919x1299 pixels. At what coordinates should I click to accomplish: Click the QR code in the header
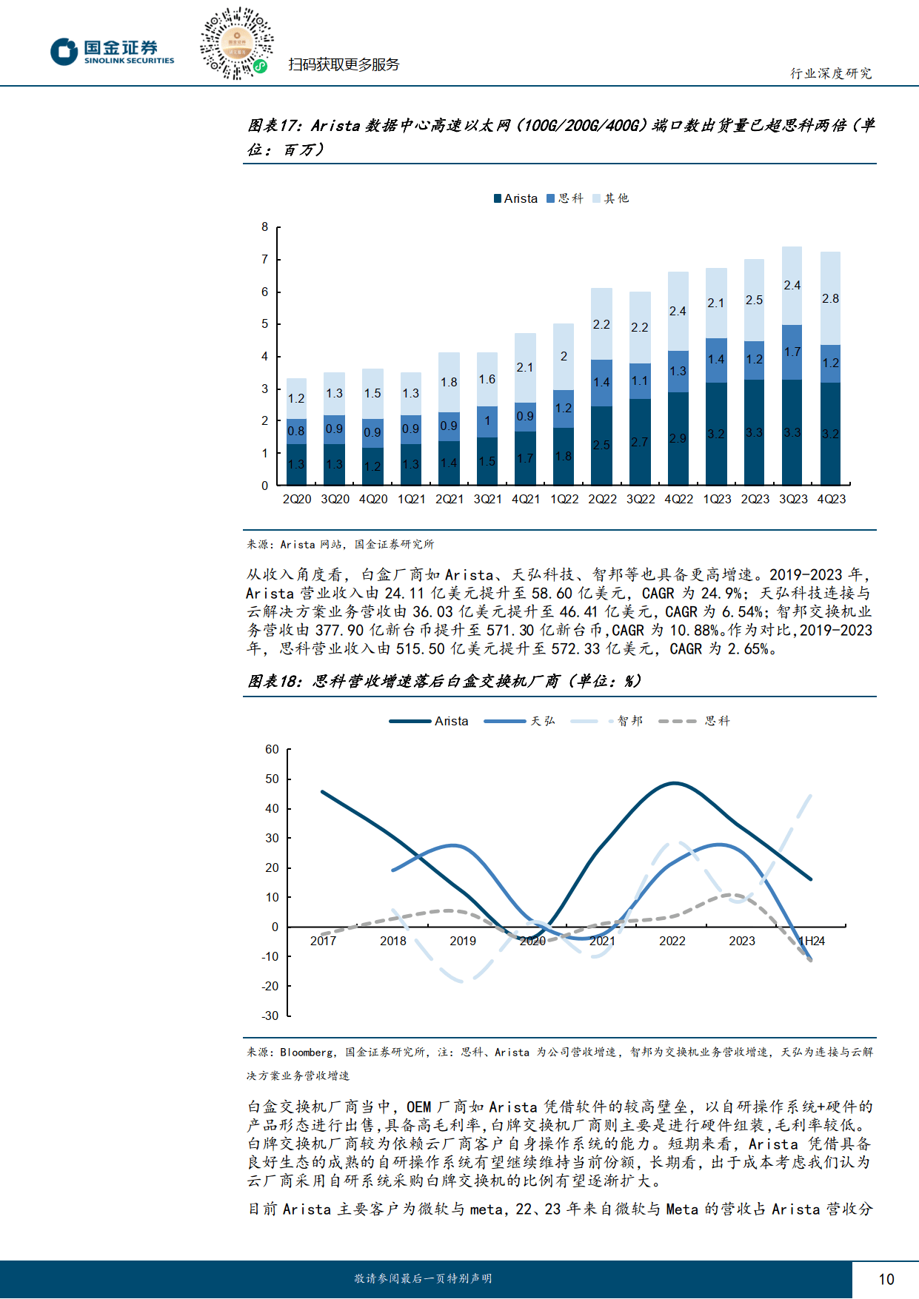[x=236, y=43]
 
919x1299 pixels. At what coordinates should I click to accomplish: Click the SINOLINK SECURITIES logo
[x=113, y=52]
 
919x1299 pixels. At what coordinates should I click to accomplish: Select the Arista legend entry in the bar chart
[x=515, y=198]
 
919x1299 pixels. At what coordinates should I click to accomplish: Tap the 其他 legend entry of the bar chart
[x=611, y=198]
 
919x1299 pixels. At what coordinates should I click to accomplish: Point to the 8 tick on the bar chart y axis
[x=265, y=227]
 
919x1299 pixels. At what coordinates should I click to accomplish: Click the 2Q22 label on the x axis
[x=602, y=500]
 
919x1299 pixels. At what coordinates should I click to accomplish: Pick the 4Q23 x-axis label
[x=831, y=500]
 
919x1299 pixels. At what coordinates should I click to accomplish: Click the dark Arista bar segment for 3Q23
[x=792, y=433]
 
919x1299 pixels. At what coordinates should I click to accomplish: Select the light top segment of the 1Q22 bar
[x=564, y=357]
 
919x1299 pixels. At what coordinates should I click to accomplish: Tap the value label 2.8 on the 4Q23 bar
[x=830, y=298]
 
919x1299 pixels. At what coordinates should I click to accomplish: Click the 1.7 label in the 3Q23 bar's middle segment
[x=792, y=352]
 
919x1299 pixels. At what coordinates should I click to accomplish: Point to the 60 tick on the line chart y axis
[x=272, y=750]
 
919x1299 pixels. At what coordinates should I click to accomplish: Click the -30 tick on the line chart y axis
[x=270, y=1016]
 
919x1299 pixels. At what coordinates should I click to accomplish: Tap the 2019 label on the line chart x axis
[x=463, y=941]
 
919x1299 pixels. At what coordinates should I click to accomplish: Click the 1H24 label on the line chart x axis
[x=812, y=941]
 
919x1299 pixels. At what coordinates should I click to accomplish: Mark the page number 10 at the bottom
[x=886, y=1279]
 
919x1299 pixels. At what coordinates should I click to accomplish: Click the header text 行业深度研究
[x=830, y=73]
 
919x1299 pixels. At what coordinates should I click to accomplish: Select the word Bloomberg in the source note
[x=307, y=1053]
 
